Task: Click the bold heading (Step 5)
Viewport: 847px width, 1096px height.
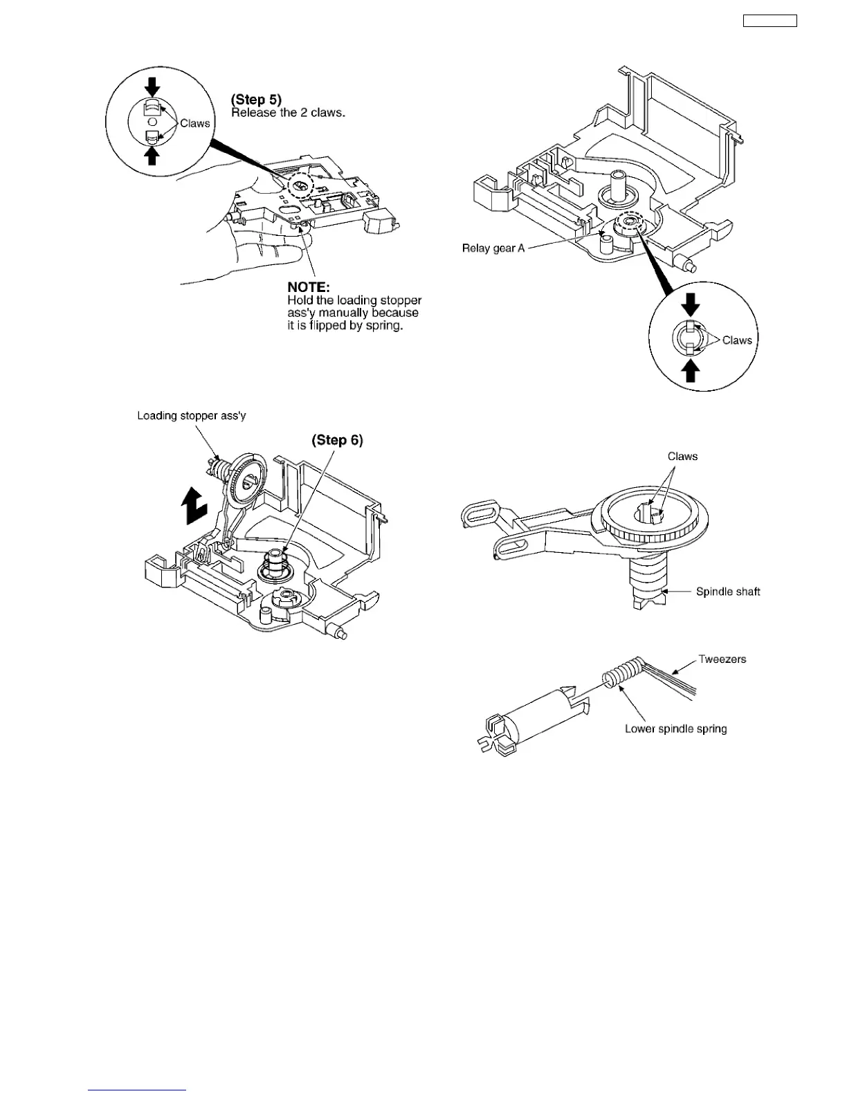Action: [256, 100]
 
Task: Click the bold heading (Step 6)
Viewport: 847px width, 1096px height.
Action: [337, 440]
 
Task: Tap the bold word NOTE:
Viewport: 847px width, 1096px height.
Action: [309, 286]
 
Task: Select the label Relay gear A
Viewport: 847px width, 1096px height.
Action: [493, 248]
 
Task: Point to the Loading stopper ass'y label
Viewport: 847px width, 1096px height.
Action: [192, 416]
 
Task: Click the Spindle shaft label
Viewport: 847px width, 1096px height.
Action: [728, 592]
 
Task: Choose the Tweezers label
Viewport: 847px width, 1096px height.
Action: [722, 659]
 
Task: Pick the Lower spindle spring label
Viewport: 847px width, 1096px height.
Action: [675, 729]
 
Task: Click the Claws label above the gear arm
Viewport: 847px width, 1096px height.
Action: [682, 456]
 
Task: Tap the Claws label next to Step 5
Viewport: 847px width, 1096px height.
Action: [194, 123]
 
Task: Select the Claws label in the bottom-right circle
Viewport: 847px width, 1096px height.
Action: [737, 340]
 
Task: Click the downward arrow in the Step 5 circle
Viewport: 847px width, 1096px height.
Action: [152, 86]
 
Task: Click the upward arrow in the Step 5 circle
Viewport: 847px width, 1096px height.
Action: [152, 156]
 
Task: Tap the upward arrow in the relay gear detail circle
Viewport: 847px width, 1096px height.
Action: [691, 372]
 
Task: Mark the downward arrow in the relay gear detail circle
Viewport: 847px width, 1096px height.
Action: [691, 304]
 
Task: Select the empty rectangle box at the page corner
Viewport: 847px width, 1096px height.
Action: [769, 21]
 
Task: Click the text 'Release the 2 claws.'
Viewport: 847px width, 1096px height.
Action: [288, 113]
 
